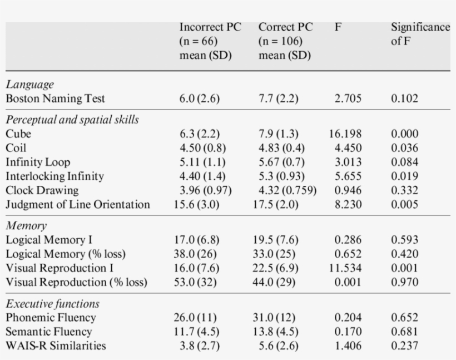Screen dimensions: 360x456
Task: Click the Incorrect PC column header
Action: pos(210,41)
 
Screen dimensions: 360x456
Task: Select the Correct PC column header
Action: pos(285,41)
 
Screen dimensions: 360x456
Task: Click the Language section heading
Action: pos(30,85)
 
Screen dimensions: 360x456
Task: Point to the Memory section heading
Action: pos(26,226)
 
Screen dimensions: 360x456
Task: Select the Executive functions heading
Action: pos(53,304)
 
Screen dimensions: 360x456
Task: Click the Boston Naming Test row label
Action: pos(55,99)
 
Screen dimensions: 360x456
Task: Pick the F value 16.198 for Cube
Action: pos(345,134)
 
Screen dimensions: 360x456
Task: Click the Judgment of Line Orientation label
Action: pos(78,205)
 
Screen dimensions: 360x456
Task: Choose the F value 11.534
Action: pos(345,268)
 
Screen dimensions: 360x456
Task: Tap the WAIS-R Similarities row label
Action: pos(56,346)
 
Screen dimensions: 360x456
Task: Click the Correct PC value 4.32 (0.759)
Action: pos(288,190)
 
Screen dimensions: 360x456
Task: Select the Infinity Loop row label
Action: pos(38,162)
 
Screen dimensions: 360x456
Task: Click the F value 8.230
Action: pos(348,205)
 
